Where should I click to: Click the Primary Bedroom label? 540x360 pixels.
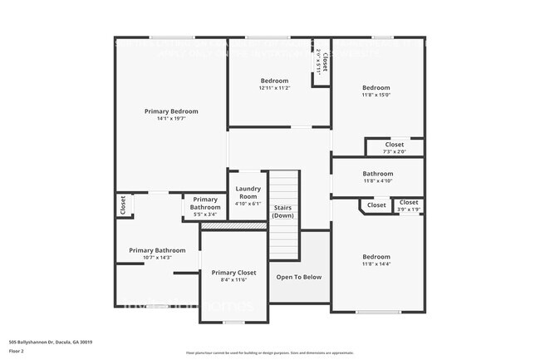point(171,111)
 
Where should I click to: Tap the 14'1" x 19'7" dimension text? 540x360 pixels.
point(171,119)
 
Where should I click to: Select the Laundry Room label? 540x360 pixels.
point(248,192)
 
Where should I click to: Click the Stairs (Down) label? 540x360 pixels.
point(283,210)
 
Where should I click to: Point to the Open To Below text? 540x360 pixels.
point(299,277)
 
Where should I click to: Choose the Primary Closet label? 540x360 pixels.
point(233,272)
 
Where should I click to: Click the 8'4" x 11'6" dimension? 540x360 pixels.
point(233,280)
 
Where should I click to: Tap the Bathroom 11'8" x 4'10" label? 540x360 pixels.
point(377,177)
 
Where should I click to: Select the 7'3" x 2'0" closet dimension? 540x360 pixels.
point(395,151)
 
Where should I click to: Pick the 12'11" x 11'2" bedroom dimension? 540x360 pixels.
point(274,88)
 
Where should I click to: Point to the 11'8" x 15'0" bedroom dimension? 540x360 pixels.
point(376,95)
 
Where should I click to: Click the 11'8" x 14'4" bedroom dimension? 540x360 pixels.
point(376,264)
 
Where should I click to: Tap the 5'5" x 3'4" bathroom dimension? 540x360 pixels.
point(205,215)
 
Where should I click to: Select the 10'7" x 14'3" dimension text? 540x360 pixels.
point(157,258)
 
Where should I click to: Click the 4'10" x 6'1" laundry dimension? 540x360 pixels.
point(248,204)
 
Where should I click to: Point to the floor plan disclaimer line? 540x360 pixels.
point(269,353)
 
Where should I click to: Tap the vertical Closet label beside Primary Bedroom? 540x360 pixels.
point(122,205)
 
